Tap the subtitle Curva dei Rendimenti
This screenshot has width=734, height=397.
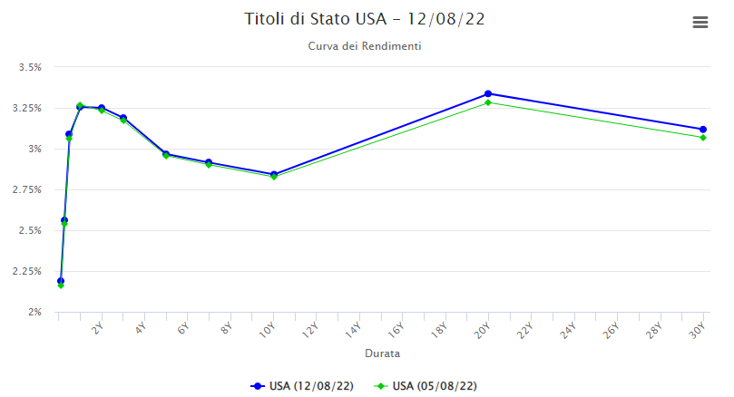tap(365, 46)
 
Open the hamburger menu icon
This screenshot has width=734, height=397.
tap(700, 23)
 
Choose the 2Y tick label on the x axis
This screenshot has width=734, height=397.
tap(97, 329)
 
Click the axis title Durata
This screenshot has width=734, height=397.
tap(382, 353)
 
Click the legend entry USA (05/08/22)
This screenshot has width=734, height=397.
tap(426, 386)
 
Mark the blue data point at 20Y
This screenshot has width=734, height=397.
tap(488, 93)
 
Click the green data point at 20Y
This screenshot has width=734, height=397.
tap(488, 102)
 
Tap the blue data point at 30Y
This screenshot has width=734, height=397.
tap(703, 130)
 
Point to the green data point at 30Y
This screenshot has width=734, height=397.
tap(703, 138)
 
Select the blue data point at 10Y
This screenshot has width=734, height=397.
tap(274, 174)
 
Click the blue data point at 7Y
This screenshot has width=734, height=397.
tap(209, 162)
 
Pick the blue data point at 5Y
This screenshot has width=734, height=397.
tap(166, 154)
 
